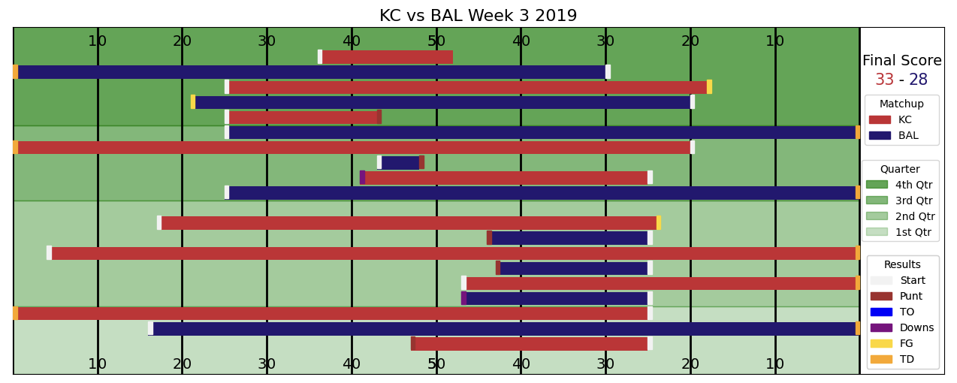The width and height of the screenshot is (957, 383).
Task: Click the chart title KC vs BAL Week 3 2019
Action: (478, 16)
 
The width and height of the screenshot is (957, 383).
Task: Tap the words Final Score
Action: (901, 61)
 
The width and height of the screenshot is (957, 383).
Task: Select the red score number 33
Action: (884, 80)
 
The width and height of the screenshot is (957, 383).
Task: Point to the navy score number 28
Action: (918, 80)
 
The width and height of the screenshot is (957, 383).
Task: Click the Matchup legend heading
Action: (901, 104)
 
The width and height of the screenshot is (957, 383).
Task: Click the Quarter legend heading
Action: (900, 170)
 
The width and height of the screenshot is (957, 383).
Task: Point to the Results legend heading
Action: (902, 265)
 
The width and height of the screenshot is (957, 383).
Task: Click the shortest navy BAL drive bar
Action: (400, 162)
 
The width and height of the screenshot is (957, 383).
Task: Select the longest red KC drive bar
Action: (453, 253)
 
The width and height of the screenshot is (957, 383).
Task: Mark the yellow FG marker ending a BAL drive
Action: (193, 102)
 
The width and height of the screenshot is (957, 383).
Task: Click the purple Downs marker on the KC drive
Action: (362, 177)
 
